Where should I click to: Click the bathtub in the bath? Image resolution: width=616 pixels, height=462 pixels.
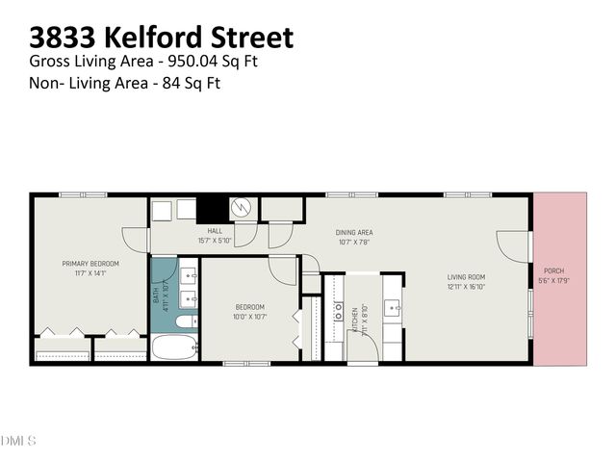(175, 346)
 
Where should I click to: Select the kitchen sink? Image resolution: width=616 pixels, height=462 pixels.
(392, 308)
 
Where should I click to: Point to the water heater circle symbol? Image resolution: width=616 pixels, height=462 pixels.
(244, 207)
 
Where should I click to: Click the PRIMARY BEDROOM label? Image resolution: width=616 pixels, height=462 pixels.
(90, 264)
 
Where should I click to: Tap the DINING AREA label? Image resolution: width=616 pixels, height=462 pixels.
(354, 232)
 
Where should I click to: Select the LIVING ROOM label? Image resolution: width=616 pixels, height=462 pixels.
(466, 278)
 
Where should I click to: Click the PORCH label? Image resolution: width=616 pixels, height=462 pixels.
(553, 271)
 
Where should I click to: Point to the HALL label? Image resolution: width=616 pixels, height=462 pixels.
(215, 231)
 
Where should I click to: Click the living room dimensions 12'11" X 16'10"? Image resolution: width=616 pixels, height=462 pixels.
(466, 287)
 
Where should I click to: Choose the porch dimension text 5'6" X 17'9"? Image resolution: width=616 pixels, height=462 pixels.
(553, 280)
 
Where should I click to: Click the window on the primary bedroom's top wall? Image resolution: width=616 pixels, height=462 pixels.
(90, 195)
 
